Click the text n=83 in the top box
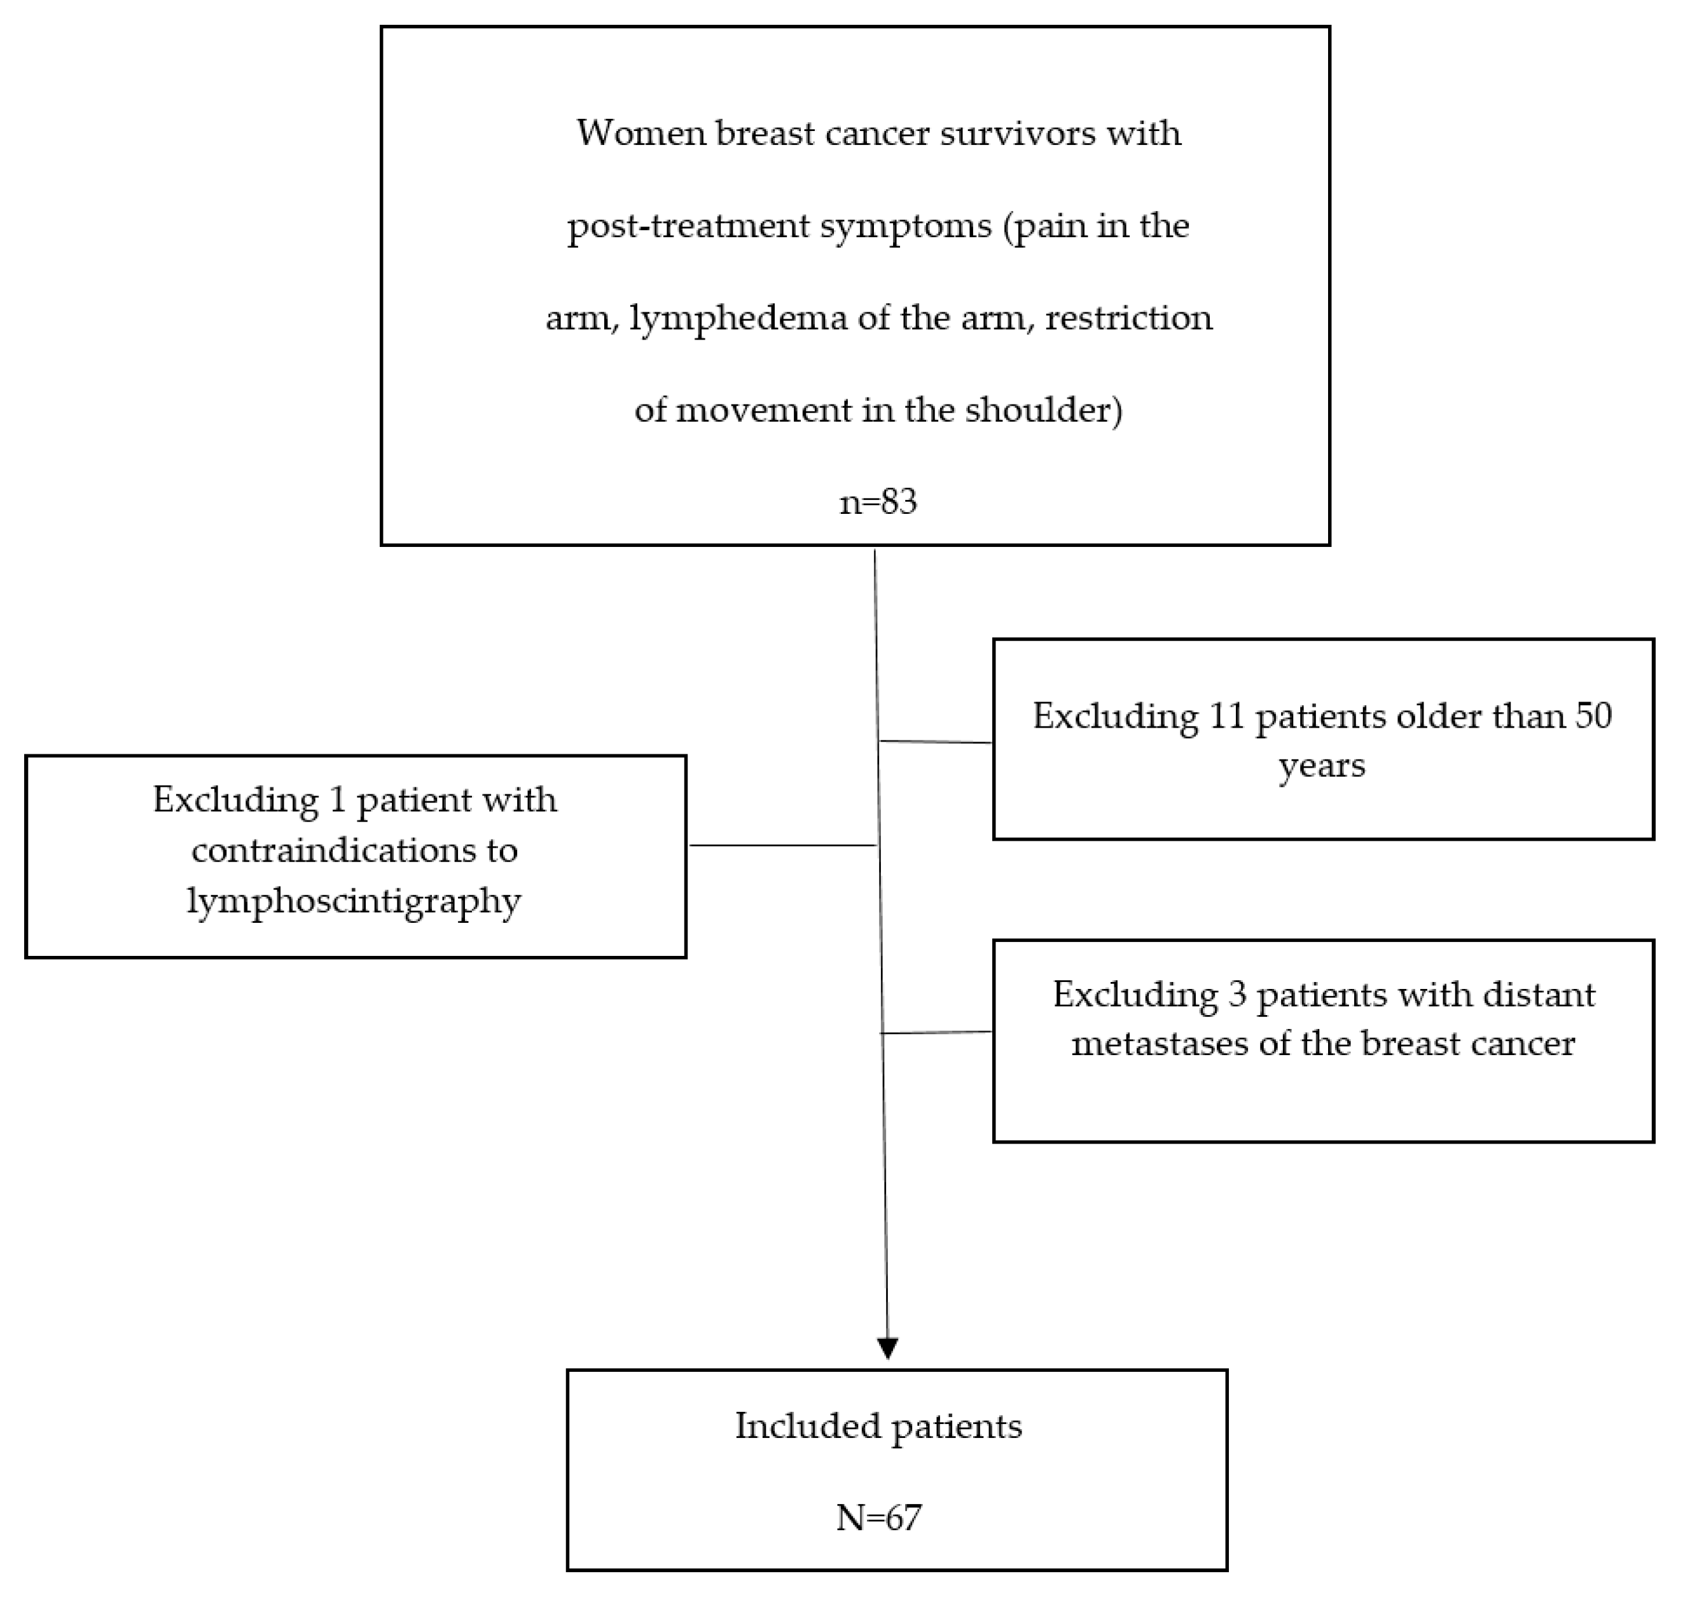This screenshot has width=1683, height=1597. [878, 502]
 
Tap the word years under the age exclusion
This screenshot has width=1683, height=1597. [1322, 765]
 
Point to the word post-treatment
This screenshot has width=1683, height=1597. [688, 226]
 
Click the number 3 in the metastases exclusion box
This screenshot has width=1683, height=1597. [1237, 994]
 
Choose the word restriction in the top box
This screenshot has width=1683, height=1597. [1129, 319]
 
